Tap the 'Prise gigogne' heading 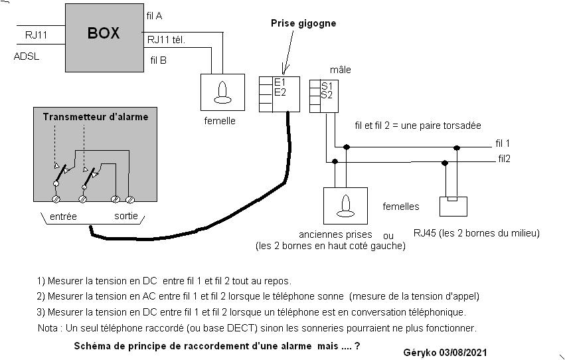(x=303, y=23)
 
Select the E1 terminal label (x=280, y=82)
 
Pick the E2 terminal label (x=280, y=92)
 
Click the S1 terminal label (x=327, y=86)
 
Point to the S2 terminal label (x=327, y=95)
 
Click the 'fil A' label (x=154, y=15)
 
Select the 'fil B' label (x=159, y=60)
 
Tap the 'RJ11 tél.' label (x=166, y=39)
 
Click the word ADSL (x=27, y=56)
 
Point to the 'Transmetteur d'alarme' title (x=96, y=117)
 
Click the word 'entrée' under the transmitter (x=63, y=217)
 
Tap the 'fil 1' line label (x=503, y=143)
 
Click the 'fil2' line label (x=505, y=159)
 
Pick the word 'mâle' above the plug (x=341, y=70)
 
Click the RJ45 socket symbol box (x=455, y=206)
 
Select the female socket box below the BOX (x=222, y=91)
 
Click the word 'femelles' (x=401, y=207)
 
